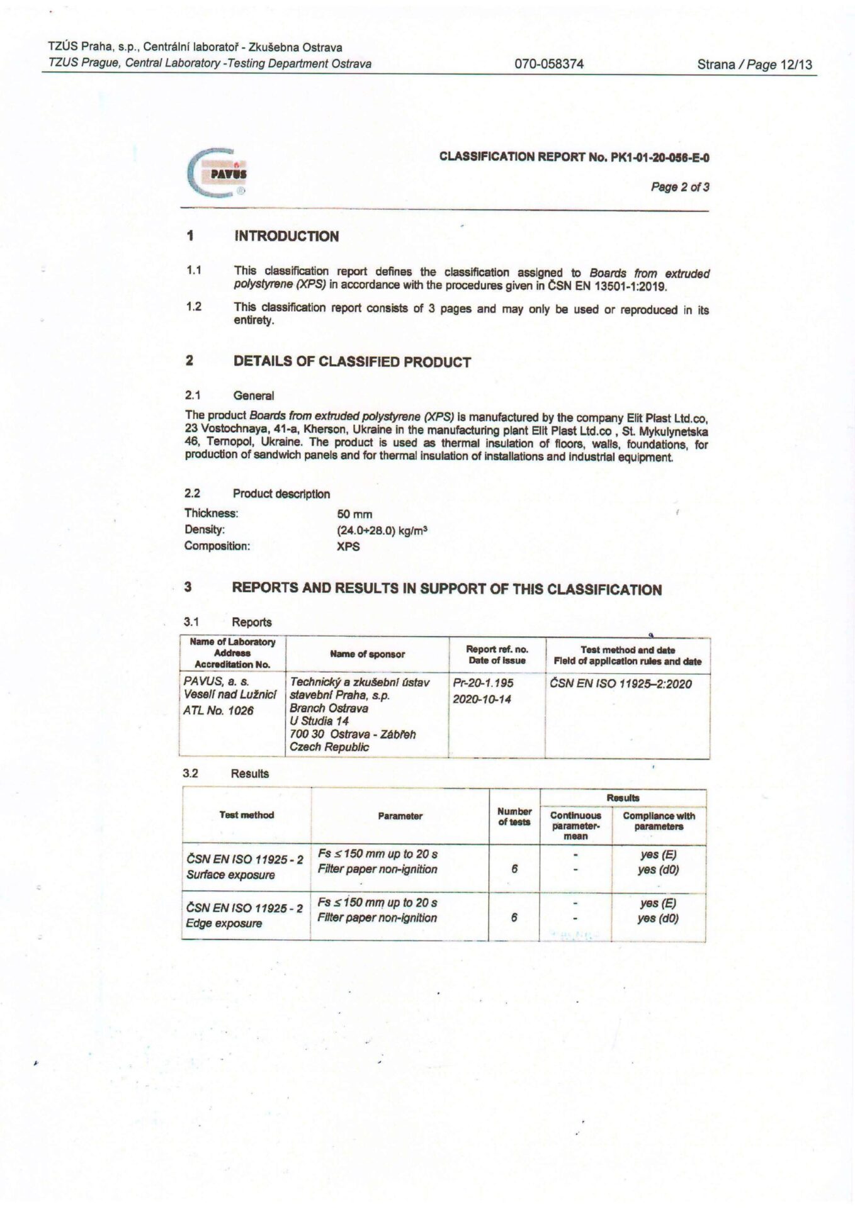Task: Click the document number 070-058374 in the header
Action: click(548, 64)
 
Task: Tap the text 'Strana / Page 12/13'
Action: click(754, 64)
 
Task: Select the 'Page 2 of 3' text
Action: click(680, 187)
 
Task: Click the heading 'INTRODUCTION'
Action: click(286, 237)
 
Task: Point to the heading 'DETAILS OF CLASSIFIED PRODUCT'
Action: click(352, 362)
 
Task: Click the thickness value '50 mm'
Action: click(354, 514)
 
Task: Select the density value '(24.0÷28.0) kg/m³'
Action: click(382, 530)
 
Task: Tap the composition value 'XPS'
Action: click(348, 546)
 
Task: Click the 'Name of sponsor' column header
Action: click(367, 654)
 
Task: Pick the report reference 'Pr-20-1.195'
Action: click(483, 683)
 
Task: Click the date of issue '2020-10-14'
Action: click(482, 699)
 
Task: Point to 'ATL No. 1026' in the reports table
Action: click(218, 711)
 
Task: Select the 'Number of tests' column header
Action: click(514, 816)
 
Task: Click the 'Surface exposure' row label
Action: click(230, 875)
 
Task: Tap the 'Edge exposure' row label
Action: click(224, 924)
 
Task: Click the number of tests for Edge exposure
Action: click(514, 917)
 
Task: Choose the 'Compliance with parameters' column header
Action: click(659, 821)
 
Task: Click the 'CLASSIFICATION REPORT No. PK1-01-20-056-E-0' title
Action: click(574, 157)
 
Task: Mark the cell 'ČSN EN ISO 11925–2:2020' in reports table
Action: click(620, 684)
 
